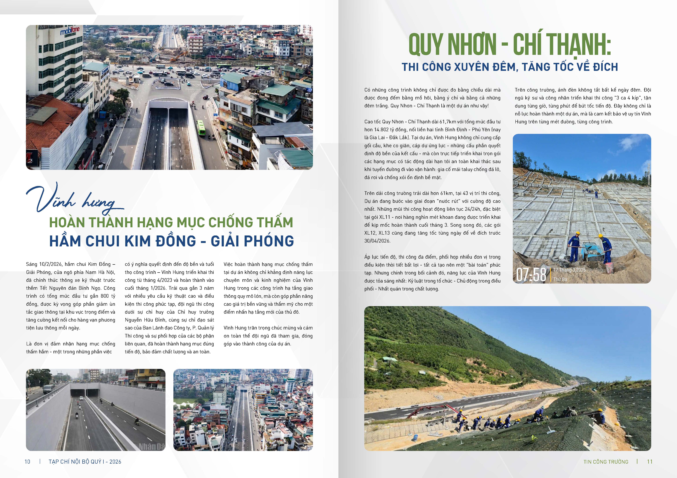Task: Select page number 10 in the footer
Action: (27, 461)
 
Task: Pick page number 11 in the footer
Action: (650, 461)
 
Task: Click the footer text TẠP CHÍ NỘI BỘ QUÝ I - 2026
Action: (85, 461)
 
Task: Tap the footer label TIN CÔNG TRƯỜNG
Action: (606, 461)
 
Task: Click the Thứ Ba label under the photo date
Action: (560, 279)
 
